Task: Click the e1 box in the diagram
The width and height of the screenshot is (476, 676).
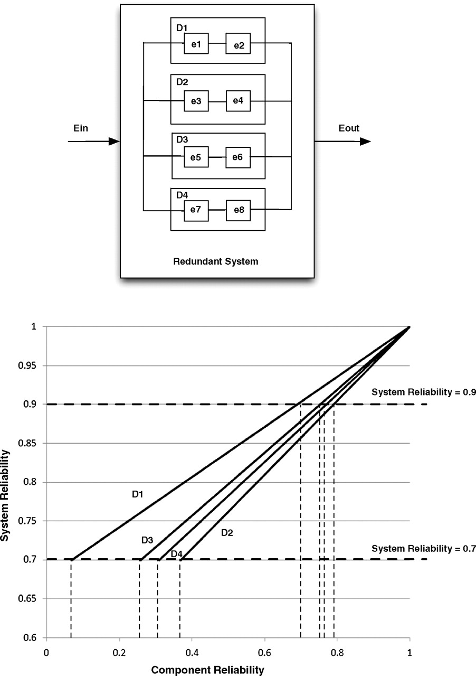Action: [196, 43]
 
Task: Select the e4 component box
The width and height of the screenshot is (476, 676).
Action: [238, 101]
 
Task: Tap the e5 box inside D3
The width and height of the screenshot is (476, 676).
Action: [196, 157]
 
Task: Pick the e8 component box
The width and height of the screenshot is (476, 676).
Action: [238, 210]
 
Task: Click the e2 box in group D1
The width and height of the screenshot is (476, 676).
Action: [238, 43]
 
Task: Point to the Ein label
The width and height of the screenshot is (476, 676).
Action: [81, 128]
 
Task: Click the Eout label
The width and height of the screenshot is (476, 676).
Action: [349, 128]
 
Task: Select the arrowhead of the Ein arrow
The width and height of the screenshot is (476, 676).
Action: [114, 141]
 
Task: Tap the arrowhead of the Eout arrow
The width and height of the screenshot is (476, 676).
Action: [365, 141]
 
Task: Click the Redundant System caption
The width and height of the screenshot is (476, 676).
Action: [216, 261]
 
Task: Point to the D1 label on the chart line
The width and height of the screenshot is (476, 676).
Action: [138, 494]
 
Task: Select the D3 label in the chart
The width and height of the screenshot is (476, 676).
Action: [147, 540]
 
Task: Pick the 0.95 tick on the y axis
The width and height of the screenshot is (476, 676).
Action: [27, 366]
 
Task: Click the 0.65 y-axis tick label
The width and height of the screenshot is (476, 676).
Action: [27, 598]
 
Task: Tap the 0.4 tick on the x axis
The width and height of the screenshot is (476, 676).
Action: [192, 653]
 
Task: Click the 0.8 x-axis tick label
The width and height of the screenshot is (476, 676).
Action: [337, 653]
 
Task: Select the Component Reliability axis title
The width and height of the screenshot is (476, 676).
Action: [207, 670]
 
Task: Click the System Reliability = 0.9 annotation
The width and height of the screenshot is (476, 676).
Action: [424, 392]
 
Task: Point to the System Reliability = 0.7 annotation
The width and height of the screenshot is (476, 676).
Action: [424, 548]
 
